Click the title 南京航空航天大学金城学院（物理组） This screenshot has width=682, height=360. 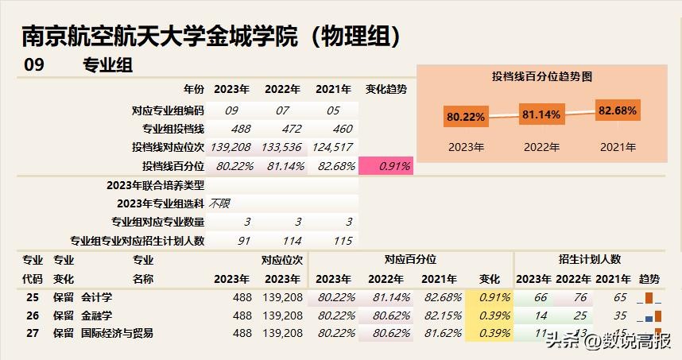click(x=211, y=36)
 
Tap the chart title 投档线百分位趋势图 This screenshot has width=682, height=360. click(x=543, y=76)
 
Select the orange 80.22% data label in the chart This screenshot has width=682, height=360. click(x=466, y=117)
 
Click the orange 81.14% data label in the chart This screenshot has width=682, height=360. click(x=541, y=114)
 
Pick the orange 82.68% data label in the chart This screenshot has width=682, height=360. click(x=618, y=110)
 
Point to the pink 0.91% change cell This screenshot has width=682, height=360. click(x=387, y=166)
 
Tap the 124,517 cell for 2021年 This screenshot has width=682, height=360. click(x=332, y=147)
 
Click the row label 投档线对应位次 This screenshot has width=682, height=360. click(x=168, y=147)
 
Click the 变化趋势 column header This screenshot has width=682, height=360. click(x=386, y=89)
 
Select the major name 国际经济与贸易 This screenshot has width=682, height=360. click(x=118, y=333)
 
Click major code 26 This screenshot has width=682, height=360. click(x=33, y=315)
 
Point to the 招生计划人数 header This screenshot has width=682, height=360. click(x=590, y=259)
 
